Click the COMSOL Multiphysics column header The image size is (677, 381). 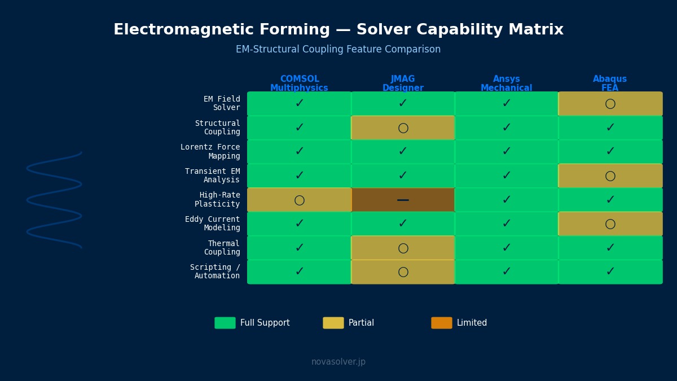coord(299,83)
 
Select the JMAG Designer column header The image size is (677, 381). coord(403,83)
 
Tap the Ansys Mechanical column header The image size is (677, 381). coord(506,83)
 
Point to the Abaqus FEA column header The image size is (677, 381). coord(610,83)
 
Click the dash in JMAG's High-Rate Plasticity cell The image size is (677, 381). coord(403,200)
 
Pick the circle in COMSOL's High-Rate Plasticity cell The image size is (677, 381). coord(299,200)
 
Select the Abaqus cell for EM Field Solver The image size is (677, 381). coord(610,104)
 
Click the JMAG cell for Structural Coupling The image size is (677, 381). coord(403,128)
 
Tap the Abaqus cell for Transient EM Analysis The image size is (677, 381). coord(610,176)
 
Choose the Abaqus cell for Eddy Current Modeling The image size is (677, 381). coord(610,224)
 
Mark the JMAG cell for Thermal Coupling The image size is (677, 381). coord(403,248)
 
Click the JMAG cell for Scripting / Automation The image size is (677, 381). coord(403,272)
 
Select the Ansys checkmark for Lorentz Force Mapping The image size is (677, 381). coord(507,151)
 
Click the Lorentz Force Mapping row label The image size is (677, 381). coord(210,151)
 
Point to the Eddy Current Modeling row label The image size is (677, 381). coord(213,224)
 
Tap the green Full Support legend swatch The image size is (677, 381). coord(225,323)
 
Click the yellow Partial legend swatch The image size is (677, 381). coord(333,323)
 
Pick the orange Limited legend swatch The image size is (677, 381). coord(442,323)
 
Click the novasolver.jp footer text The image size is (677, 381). coord(338,362)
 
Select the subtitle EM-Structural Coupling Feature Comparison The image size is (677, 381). coord(338,49)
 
